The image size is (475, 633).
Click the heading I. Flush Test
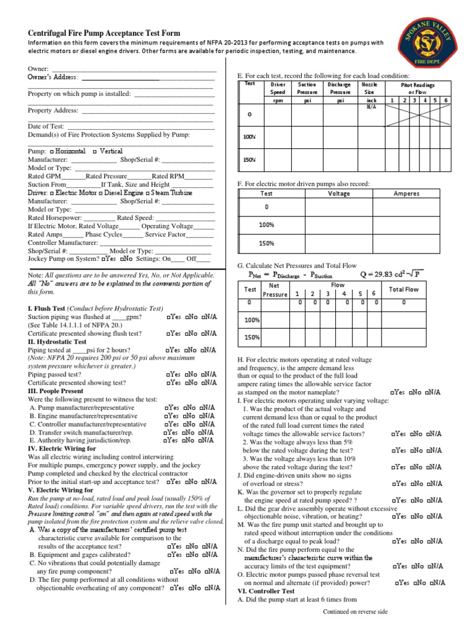coord(46,308)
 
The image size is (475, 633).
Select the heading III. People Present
coord(56,391)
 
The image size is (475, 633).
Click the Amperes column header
coord(406,193)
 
